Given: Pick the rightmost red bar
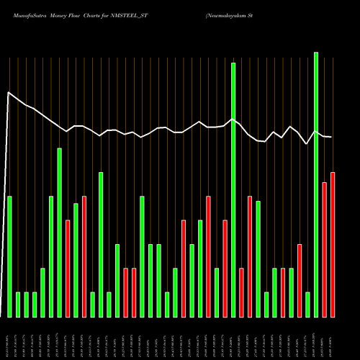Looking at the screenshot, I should (333, 245).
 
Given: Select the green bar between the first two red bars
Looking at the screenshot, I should (76, 260).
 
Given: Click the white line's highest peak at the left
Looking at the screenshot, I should (9, 92).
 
